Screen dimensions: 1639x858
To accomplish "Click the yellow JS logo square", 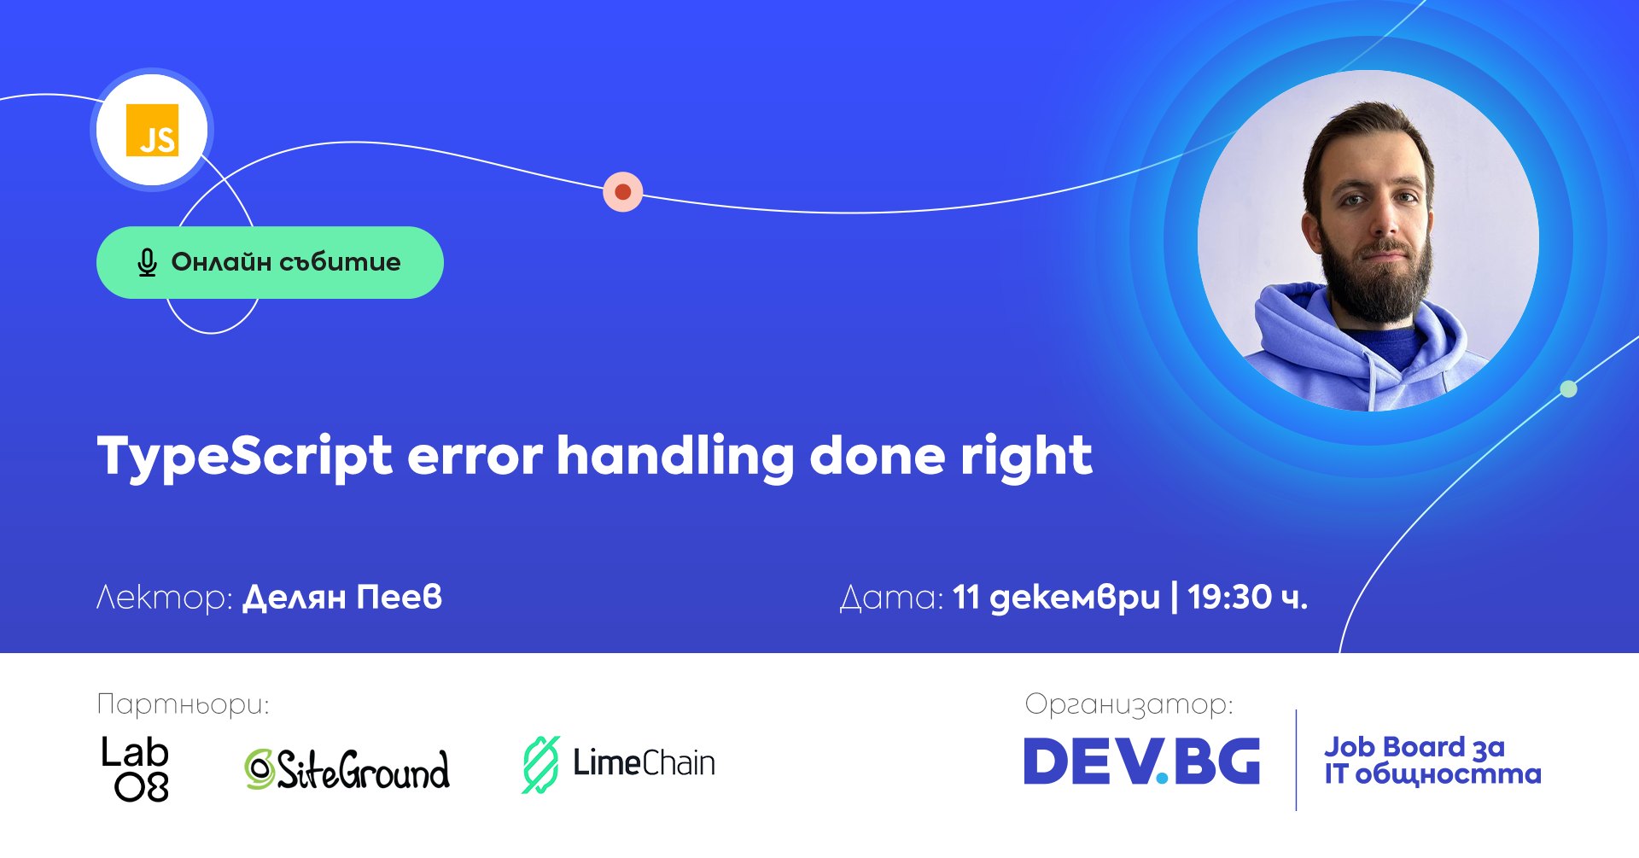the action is click(x=153, y=130).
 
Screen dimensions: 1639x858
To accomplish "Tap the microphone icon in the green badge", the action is click(x=147, y=263).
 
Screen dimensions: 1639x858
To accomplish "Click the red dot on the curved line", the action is click(x=623, y=192).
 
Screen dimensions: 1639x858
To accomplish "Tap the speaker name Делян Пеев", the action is click(x=343, y=598).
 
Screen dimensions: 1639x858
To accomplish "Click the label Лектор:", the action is click(x=165, y=598).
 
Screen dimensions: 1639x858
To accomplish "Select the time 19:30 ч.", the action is click(x=1247, y=597).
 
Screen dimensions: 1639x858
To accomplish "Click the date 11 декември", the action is click(x=1057, y=598).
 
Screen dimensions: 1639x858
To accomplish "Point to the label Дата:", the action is click(x=892, y=598).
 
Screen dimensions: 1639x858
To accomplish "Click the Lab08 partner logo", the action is click(x=135, y=768).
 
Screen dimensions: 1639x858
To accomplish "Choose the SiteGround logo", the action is click(x=347, y=768).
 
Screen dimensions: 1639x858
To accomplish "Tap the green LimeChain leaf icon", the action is click(x=540, y=764).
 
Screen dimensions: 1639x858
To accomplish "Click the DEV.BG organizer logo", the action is click(x=1141, y=761).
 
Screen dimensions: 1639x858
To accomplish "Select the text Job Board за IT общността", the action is click(x=1432, y=760).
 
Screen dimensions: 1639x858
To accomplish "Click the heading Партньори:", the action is click(x=183, y=704).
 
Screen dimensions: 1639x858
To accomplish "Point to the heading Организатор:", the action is click(x=1129, y=704).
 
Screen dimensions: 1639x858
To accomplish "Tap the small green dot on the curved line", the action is click(x=1568, y=389).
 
